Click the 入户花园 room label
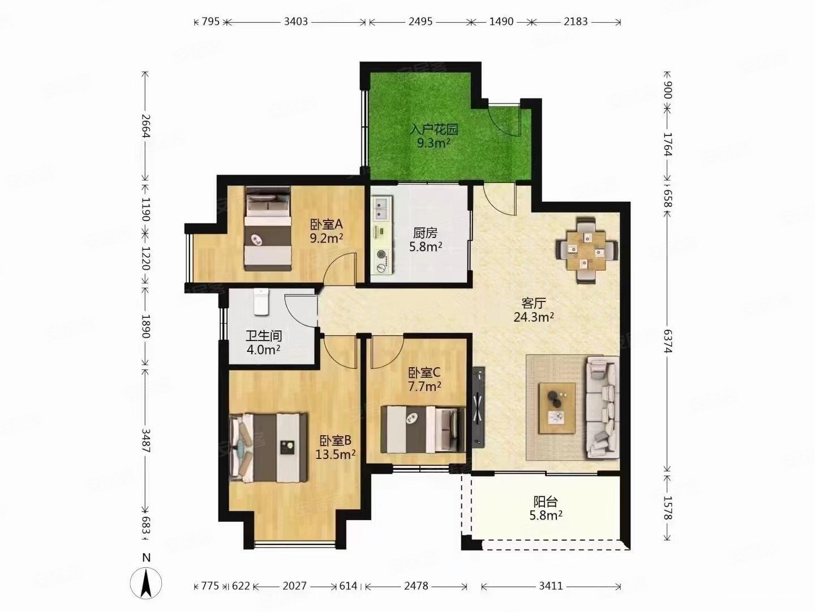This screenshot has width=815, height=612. click(x=434, y=129)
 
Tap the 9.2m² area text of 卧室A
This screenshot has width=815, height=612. click(x=327, y=238)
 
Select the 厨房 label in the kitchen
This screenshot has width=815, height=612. click(x=425, y=233)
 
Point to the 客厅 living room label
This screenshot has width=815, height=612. click(x=534, y=303)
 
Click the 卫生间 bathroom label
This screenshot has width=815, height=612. click(x=264, y=336)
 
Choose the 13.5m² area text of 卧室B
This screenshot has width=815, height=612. click(x=336, y=454)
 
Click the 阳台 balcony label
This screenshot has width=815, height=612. click(x=546, y=502)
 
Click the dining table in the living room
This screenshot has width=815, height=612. click(x=587, y=251)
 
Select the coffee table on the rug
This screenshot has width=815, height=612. click(x=557, y=408)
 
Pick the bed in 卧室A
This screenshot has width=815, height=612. click(x=268, y=228)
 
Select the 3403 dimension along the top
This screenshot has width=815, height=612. click(x=296, y=22)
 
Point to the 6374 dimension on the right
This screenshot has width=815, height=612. click(x=668, y=341)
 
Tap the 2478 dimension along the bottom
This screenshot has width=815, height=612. click(x=416, y=586)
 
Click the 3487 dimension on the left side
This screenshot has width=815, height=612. click(x=146, y=441)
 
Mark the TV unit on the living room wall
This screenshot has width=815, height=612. click(x=478, y=407)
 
